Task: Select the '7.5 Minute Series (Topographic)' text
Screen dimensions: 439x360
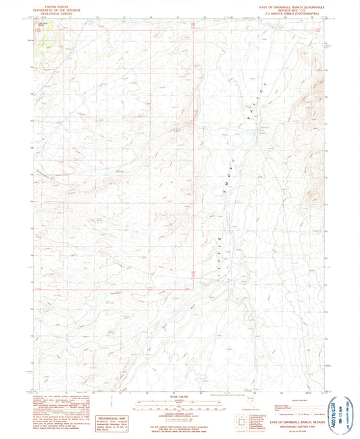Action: point(291,14)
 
